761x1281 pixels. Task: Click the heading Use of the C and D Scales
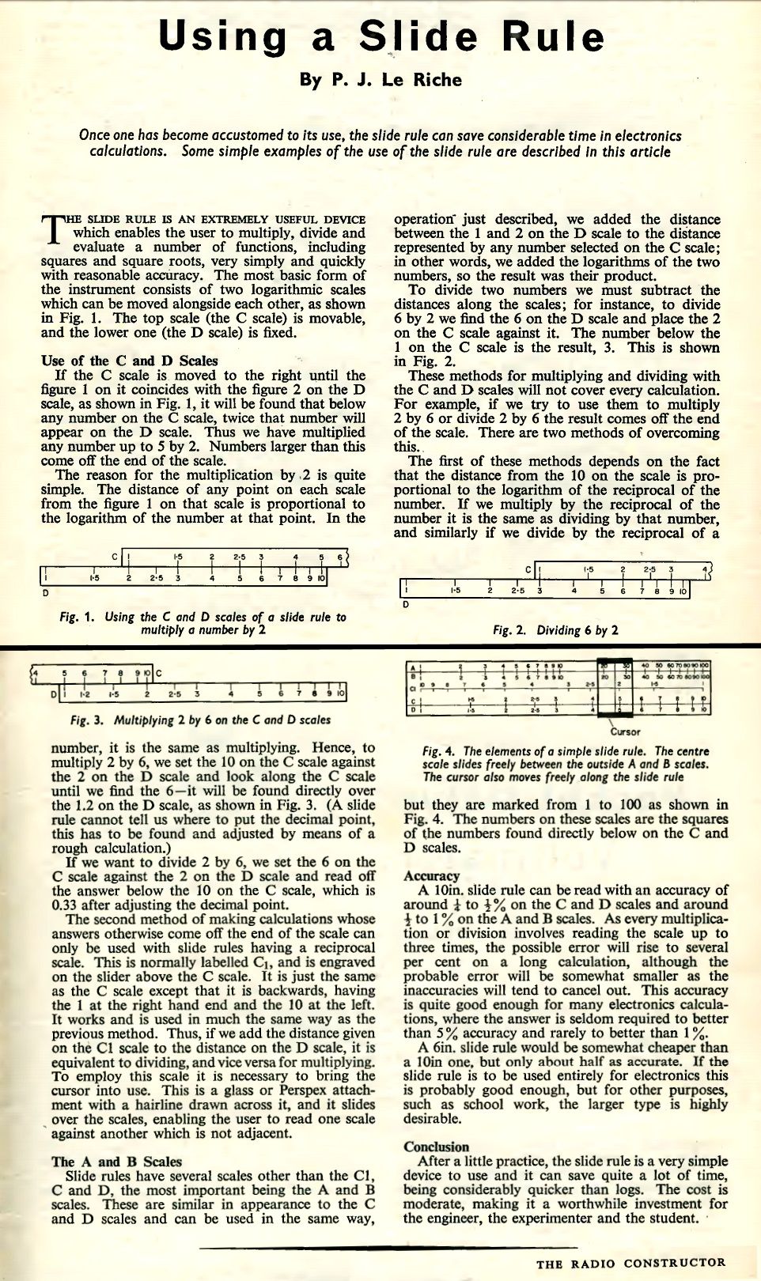[129, 361]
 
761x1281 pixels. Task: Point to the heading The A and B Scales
[116, 1162]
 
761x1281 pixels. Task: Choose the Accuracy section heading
[431, 875]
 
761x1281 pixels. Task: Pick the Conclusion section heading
[436, 1147]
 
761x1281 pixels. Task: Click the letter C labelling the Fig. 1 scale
[115, 557]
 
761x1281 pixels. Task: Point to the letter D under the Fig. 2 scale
[406, 605]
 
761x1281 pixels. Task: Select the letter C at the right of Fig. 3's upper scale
[158, 674]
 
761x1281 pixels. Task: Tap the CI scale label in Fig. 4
[412, 688]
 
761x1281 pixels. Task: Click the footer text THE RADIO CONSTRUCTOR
[630, 1263]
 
